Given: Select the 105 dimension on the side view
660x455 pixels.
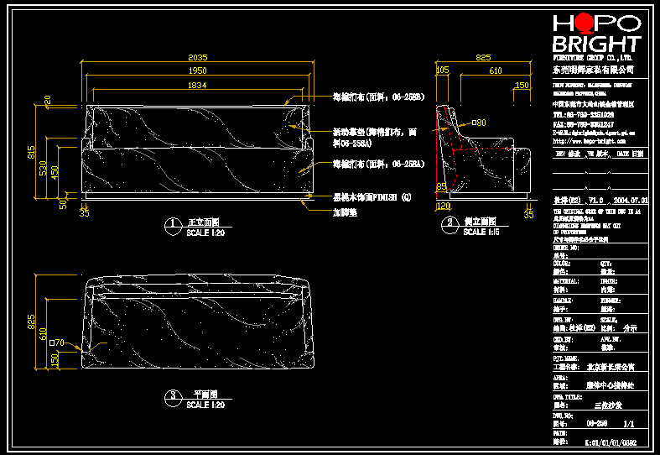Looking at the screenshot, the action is [x=444, y=71].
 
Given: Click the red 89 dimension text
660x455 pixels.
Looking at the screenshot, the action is [x=442, y=187].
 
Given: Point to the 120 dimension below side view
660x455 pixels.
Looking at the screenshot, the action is [x=444, y=206].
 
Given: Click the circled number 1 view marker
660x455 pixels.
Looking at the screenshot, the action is [x=172, y=224].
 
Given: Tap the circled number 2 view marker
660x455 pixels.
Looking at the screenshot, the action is [x=450, y=223].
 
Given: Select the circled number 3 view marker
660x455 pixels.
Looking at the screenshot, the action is [x=172, y=395].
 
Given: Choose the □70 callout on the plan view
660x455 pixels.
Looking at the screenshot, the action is [x=57, y=343].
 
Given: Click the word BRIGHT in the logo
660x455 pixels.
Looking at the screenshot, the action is [x=596, y=44].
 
